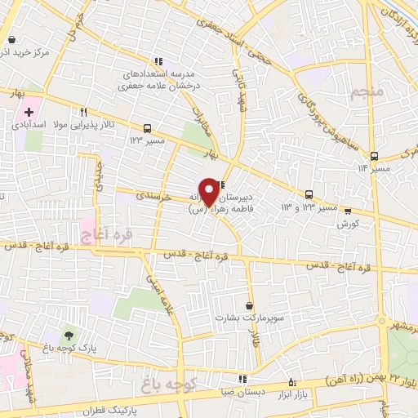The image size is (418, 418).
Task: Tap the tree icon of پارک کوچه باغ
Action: coord(68,336)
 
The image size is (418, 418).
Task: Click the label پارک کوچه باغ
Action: coord(68,349)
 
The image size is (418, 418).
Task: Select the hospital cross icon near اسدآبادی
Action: coord(30,112)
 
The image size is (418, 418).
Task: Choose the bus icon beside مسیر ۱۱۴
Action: coord(374,156)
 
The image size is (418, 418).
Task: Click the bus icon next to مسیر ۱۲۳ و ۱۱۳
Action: coord(309,194)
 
